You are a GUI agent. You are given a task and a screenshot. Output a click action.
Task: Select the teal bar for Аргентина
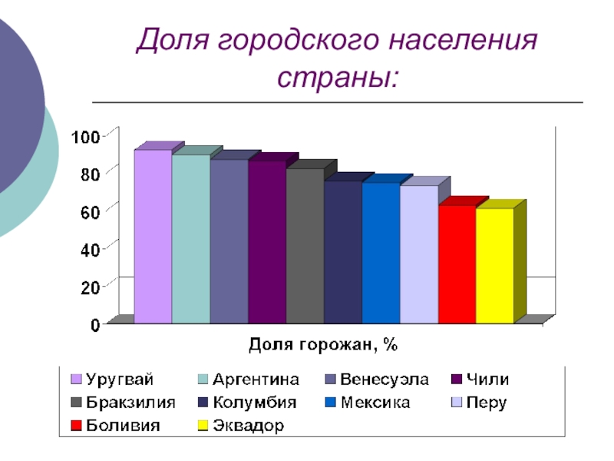190,239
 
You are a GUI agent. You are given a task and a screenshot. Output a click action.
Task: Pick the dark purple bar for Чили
266,242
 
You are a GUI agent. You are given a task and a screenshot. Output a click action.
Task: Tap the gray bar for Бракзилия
305,246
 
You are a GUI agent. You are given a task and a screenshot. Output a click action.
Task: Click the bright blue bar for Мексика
381,253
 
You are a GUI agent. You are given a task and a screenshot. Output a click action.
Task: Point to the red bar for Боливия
457,264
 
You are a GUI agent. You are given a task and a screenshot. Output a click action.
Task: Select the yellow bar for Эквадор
494,266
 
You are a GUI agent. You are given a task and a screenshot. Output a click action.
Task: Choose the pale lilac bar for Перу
418,254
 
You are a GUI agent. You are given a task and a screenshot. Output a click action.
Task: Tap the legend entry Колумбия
254,403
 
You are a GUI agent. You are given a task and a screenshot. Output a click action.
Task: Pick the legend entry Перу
487,403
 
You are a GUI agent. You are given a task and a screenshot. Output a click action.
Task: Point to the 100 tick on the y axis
85,137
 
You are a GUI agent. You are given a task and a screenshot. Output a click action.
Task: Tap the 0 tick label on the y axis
96,324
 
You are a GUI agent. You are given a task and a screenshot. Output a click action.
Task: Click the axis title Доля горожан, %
322,345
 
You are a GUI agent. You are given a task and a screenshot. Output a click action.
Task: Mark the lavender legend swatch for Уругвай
76,380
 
